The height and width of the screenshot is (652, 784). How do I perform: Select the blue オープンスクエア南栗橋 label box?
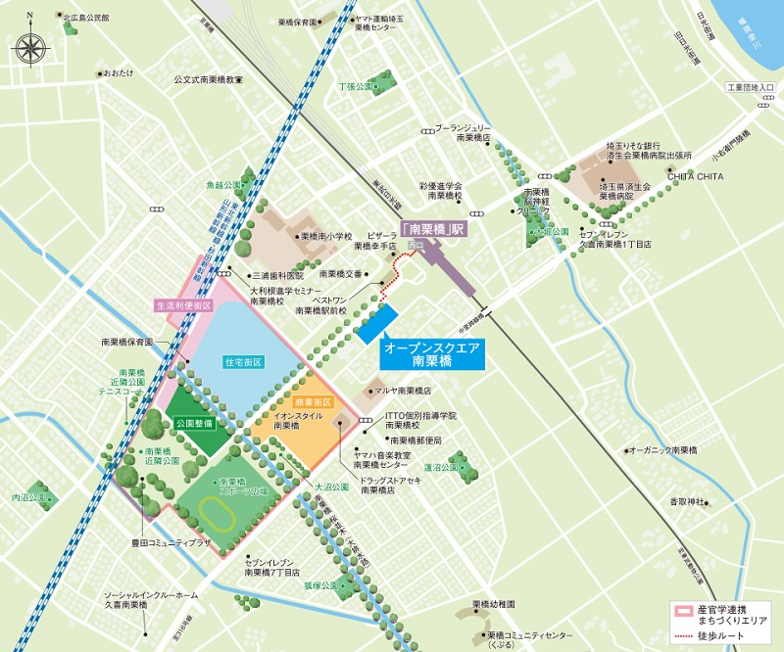point(434,354)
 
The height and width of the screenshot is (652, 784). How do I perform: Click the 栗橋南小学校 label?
point(325,236)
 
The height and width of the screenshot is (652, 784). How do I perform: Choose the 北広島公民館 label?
point(85,18)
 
